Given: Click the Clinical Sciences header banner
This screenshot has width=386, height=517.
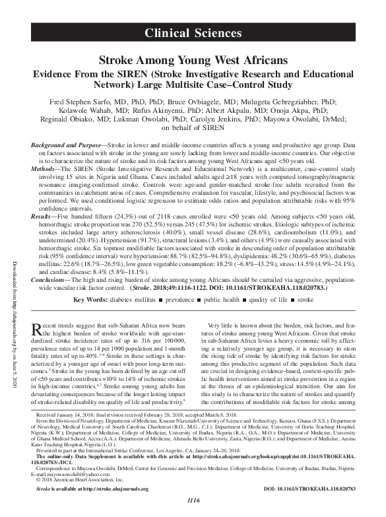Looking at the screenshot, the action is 193,32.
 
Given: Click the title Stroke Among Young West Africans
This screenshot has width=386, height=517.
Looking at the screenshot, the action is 193,61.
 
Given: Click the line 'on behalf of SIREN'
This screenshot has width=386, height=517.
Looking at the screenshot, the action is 193,129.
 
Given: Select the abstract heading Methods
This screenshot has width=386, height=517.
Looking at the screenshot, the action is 46,168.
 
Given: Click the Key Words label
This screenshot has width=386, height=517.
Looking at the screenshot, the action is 91,300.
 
